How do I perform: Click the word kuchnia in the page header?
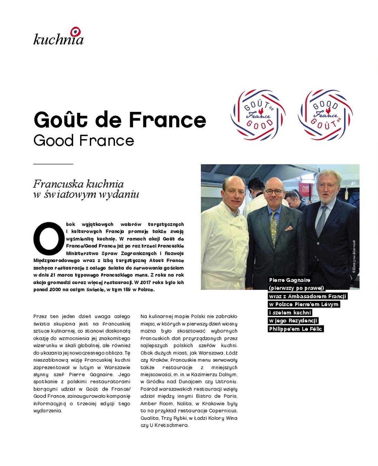58,39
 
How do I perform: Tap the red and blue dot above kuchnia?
76,31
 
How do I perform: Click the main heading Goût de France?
120,119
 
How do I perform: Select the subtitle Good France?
84,140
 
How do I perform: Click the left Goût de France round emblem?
258,115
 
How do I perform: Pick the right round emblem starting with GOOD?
325,115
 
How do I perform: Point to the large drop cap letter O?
49,237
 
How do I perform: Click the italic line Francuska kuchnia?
78,184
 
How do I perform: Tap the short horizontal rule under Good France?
53,164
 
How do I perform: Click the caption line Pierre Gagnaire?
290,280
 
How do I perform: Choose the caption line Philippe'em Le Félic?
295,329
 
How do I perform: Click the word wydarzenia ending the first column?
48,411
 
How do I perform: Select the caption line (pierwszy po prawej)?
297,288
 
